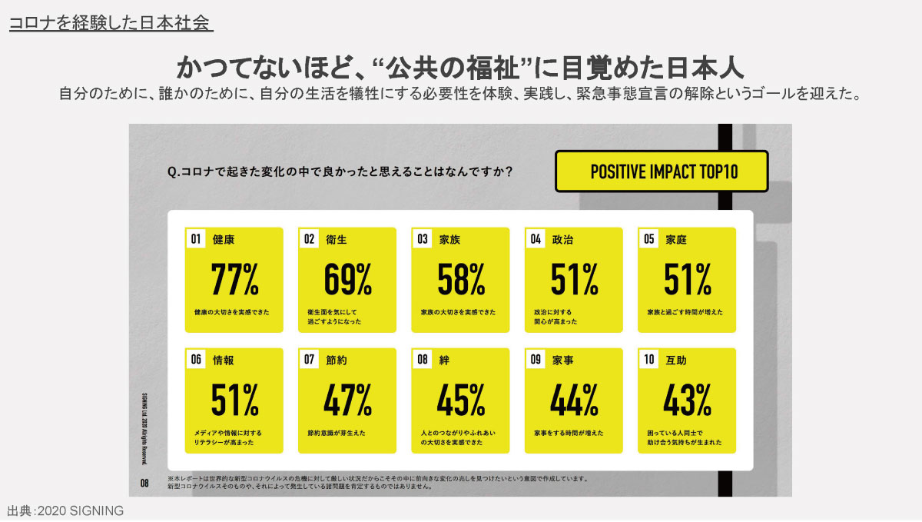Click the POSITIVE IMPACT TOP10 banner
[662, 171]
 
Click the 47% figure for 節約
[347, 399]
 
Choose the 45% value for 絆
[461, 399]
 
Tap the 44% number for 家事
[574, 399]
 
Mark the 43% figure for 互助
[687, 399]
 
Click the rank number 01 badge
[196, 239]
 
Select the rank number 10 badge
[649, 359]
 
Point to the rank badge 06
[196, 359]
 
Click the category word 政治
[563, 239]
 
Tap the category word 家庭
[676, 239]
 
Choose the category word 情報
[224, 359]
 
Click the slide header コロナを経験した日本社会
[110, 23]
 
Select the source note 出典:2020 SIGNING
[65, 511]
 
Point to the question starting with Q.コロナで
[340, 171]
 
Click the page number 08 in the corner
[144, 484]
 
